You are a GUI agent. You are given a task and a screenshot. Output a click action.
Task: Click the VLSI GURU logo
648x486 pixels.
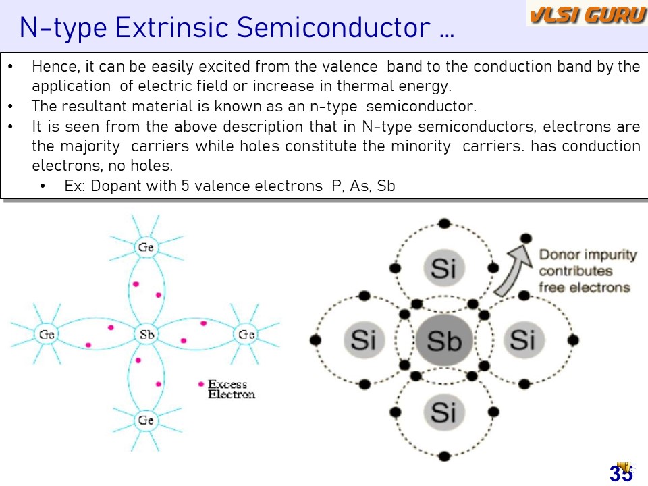click(587, 14)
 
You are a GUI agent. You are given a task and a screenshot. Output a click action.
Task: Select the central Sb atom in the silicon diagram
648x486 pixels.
click(444, 340)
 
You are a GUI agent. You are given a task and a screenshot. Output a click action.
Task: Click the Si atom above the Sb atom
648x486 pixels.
click(444, 268)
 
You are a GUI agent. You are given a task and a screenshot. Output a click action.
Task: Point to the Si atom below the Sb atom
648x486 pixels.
click(444, 412)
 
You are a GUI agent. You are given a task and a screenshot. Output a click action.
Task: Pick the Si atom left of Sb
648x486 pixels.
click(364, 340)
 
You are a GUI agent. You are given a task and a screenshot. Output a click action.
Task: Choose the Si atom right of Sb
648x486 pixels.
click(524, 340)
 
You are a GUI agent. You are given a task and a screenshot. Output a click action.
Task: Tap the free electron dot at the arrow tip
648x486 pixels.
click(526, 238)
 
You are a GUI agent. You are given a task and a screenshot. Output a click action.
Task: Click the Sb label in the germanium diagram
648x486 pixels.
click(146, 334)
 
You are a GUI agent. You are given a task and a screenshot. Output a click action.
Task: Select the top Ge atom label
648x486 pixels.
click(146, 247)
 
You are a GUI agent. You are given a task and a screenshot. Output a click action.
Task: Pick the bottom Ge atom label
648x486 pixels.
click(146, 420)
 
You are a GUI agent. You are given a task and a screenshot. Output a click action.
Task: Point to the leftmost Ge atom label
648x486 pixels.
click(47, 334)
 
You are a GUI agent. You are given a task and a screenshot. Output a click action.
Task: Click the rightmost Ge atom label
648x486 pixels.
click(246, 334)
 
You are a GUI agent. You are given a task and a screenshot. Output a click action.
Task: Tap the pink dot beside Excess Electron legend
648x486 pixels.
click(201, 384)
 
